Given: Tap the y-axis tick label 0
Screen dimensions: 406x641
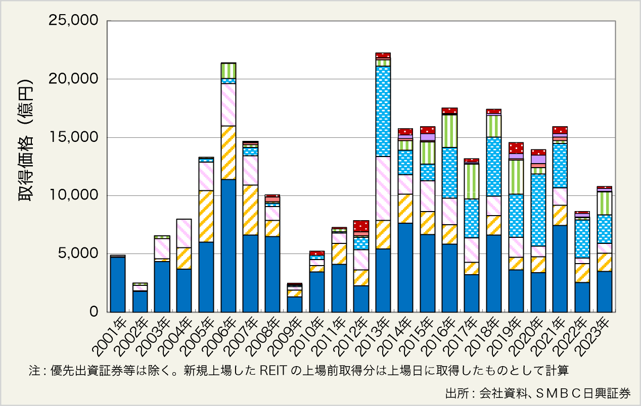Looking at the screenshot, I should pos(94,312).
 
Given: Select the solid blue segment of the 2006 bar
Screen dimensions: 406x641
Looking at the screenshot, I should pos(228,245).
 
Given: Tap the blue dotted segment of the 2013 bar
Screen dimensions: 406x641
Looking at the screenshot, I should pos(383,111).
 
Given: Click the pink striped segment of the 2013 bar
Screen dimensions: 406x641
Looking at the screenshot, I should pos(383,188).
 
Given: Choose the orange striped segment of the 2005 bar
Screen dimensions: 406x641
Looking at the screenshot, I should pos(206,216).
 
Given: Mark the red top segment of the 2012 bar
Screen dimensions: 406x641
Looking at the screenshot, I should pos(361,226).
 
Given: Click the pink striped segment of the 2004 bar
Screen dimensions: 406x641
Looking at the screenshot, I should pos(184,233).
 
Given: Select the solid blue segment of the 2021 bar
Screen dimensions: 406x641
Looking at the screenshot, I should pos(560,269).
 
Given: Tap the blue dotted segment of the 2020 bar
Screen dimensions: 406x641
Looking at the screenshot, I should pos(538,210).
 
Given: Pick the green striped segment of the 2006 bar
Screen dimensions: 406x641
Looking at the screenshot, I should pos(228,71).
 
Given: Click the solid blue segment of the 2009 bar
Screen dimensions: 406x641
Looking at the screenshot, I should pos(295,304).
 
